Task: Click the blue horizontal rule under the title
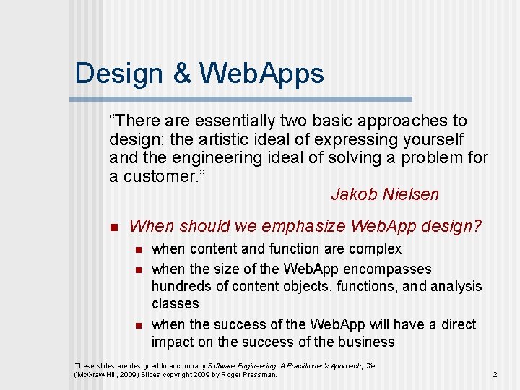(243, 99)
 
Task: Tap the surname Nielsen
(411, 195)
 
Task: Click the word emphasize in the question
(303, 226)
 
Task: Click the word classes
(175, 304)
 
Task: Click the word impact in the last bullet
(172, 342)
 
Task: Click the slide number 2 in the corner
(495, 374)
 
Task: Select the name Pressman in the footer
(259, 375)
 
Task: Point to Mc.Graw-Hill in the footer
(95, 375)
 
